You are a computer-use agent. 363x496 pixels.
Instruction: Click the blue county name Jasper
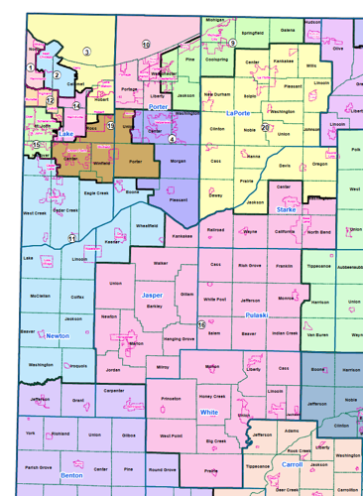152,295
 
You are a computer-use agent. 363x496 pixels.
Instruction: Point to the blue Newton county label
56,336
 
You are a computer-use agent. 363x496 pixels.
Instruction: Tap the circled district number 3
86,52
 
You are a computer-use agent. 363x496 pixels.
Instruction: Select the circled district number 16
200,324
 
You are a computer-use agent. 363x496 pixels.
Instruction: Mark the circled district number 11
71,238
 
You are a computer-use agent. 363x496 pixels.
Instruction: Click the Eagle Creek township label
96,193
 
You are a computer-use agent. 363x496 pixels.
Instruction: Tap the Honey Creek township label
212,397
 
